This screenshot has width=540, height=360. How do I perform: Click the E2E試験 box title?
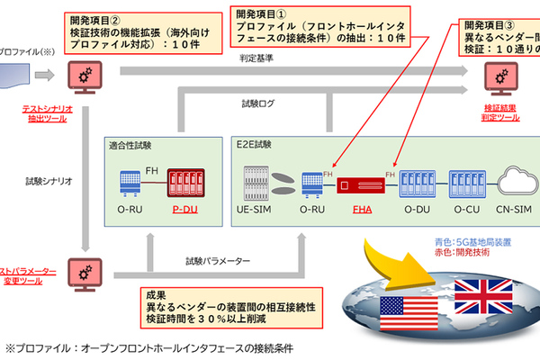[262, 145]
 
